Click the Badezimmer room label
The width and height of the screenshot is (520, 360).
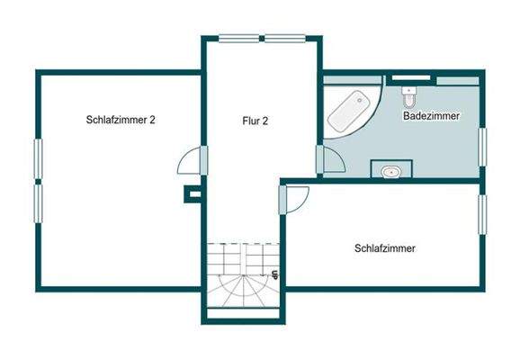point(432,116)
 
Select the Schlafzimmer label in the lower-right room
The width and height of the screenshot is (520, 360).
point(385,248)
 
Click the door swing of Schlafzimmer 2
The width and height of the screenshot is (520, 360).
point(192,163)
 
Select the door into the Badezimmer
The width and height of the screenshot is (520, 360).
point(330,160)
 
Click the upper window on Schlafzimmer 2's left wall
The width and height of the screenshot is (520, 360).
point(37,159)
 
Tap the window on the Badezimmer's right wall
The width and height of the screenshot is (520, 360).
point(482,147)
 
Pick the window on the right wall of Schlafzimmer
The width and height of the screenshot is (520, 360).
point(482,213)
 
